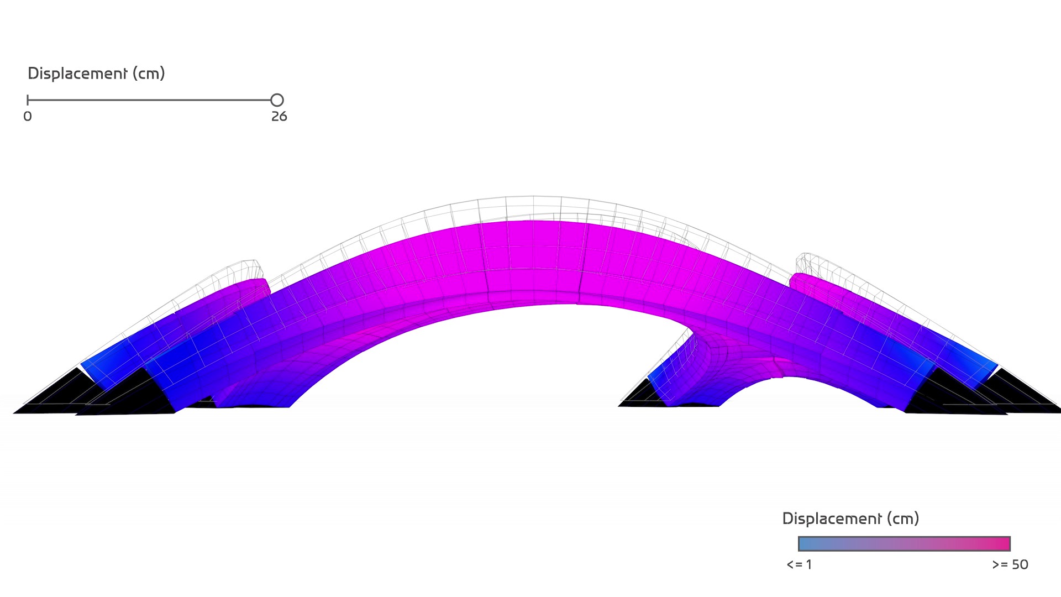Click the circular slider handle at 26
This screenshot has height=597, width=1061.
pyautogui.click(x=277, y=100)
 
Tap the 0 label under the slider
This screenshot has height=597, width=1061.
pyautogui.click(x=28, y=117)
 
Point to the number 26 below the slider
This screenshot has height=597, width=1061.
pyautogui.click(x=279, y=117)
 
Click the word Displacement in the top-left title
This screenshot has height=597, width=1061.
pyautogui.click(x=77, y=74)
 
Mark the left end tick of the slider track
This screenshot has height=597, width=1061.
pyautogui.click(x=28, y=100)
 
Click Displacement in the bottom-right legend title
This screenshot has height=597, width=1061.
pyautogui.click(x=832, y=519)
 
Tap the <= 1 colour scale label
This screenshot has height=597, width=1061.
pyautogui.click(x=799, y=564)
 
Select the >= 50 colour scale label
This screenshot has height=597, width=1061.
pyautogui.click(x=1010, y=564)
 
